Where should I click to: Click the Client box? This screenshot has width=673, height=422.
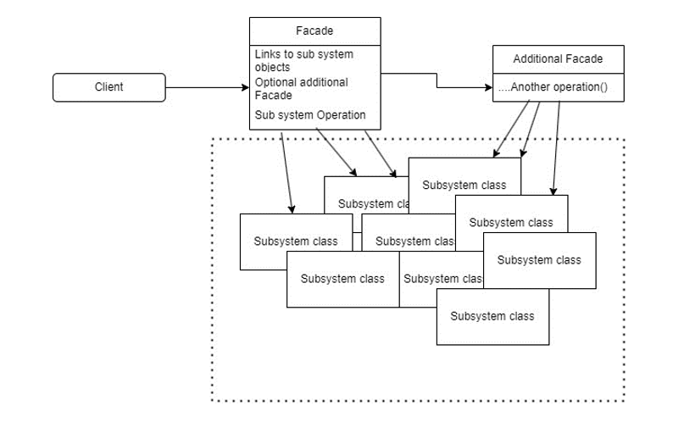pyautogui.click(x=108, y=87)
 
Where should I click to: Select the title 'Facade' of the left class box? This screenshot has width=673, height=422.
pyautogui.click(x=314, y=31)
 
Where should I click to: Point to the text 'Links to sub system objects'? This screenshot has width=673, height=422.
pyautogui.click(x=303, y=60)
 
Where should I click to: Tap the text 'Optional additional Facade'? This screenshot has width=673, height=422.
pyautogui.click(x=301, y=88)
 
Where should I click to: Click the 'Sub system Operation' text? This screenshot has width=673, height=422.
pyautogui.click(x=310, y=114)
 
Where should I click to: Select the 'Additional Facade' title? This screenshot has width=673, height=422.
pyautogui.click(x=558, y=58)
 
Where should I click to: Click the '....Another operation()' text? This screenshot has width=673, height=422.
pyautogui.click(x=552, y=87)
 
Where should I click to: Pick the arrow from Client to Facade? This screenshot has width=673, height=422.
pyautogui.click(x=207, y=87)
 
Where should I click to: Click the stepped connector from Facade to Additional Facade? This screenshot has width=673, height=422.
pyautogui.click(x=437, y=81)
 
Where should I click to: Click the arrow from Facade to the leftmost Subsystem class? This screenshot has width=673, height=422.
pyautogui.click(x=287, y=169)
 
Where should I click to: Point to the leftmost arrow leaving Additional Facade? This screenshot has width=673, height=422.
pyautogui.click(x=511, y=129)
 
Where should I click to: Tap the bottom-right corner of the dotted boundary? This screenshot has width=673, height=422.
pyautogui.click(x=624, y=400)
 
